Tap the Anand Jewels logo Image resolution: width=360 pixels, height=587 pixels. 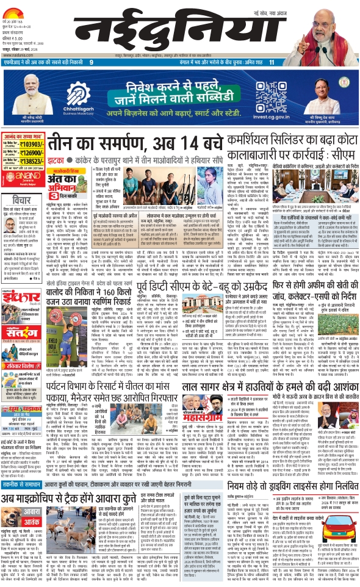[x=23, y=179]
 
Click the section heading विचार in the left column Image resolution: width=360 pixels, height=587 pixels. [x=16, y=198]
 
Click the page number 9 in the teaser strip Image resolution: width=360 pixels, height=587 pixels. [x=92, y=63]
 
